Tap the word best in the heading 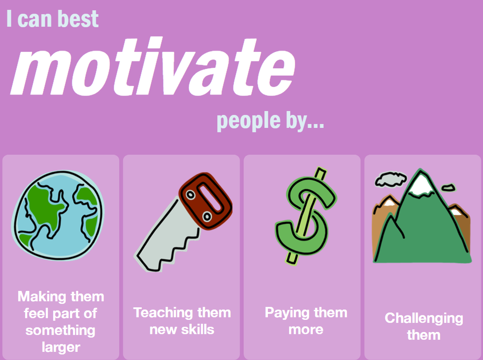point(78,19)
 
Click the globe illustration point(58,215)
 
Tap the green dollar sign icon point(306,216)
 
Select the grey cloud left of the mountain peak point(390,180)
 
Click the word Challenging point(424,319)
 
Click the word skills point(197,330)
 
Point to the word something point(60,330)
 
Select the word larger point(61,347)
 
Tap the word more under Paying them point(306,330)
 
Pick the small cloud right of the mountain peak point(448,187)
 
